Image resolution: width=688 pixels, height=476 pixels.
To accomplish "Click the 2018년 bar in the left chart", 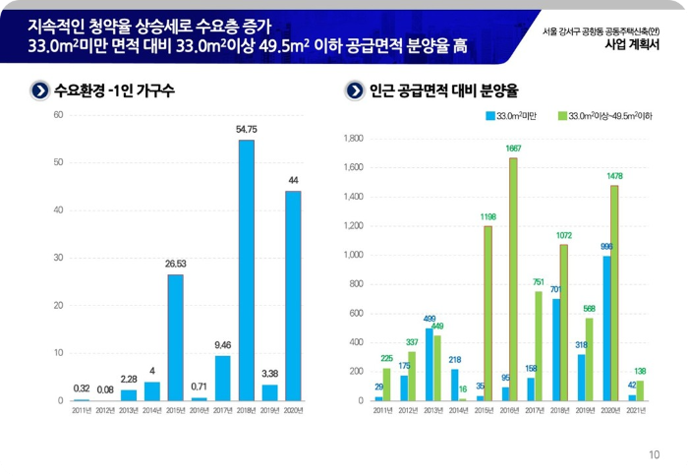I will pyautogui.click(x=246, y=270).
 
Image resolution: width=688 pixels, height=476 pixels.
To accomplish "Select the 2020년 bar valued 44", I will pyautogui.click(x=293, y=295).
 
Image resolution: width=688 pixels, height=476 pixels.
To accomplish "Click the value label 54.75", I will pyautogui.click(x=246, y=129).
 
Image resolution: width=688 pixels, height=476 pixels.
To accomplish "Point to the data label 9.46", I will pyautogui.click(x=222, y=344).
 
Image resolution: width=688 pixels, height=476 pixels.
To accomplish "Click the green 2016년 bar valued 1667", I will pyautogui.click(x=513, y=279).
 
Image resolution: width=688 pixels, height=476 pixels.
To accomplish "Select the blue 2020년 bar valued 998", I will pyautogui.click(x=606, y=327).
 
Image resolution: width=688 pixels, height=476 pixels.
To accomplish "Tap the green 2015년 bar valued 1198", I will pyautogui.click(x=487, y=313).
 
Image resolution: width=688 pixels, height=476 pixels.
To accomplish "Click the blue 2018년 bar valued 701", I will pyautogui.click(x=556, y=349).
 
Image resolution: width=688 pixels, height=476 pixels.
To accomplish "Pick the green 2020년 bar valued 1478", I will pyautogui.click(x=615, y=292).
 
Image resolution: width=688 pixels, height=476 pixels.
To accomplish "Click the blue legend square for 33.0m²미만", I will pyautogui.click(x=490, y=116).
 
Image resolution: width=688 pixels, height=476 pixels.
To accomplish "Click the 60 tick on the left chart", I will pyautogui.click(x=58, y=115).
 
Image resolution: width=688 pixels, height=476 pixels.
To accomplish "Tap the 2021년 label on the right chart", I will pyautogui.click(x=636, y=409).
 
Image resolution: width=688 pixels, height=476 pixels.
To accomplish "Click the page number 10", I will pyautogui.click(x=654, y=455).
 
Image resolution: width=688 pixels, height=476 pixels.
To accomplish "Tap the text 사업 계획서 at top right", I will pyautogui.click(x=628, y=43).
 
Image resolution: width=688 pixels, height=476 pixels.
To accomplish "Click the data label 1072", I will pyautogui.click(x=563, y=236).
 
